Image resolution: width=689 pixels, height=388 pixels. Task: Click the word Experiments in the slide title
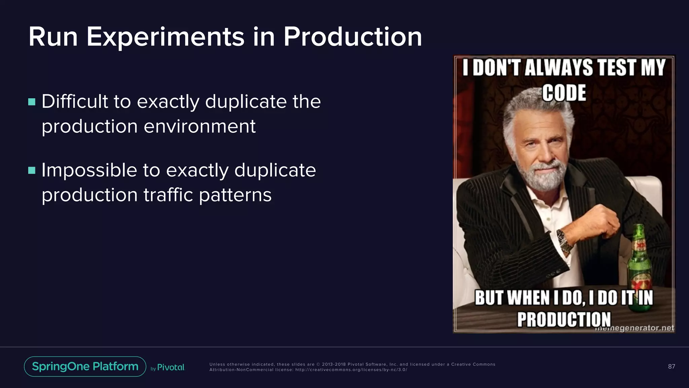166,37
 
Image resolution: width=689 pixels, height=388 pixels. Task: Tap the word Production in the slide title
353,37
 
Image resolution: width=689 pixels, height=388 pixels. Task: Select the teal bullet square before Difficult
32,102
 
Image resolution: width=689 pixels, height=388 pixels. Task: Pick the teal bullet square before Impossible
32,170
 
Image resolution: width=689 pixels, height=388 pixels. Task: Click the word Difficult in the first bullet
75,101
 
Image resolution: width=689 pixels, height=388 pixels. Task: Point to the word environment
200,127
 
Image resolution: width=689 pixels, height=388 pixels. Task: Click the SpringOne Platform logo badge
85,366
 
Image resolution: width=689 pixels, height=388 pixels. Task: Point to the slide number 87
672,366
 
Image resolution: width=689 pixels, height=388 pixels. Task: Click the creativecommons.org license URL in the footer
351,370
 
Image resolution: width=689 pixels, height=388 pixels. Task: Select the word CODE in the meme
564,93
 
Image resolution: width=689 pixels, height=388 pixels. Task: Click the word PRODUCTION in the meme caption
564,319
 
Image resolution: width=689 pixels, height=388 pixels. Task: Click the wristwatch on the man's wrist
565,241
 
